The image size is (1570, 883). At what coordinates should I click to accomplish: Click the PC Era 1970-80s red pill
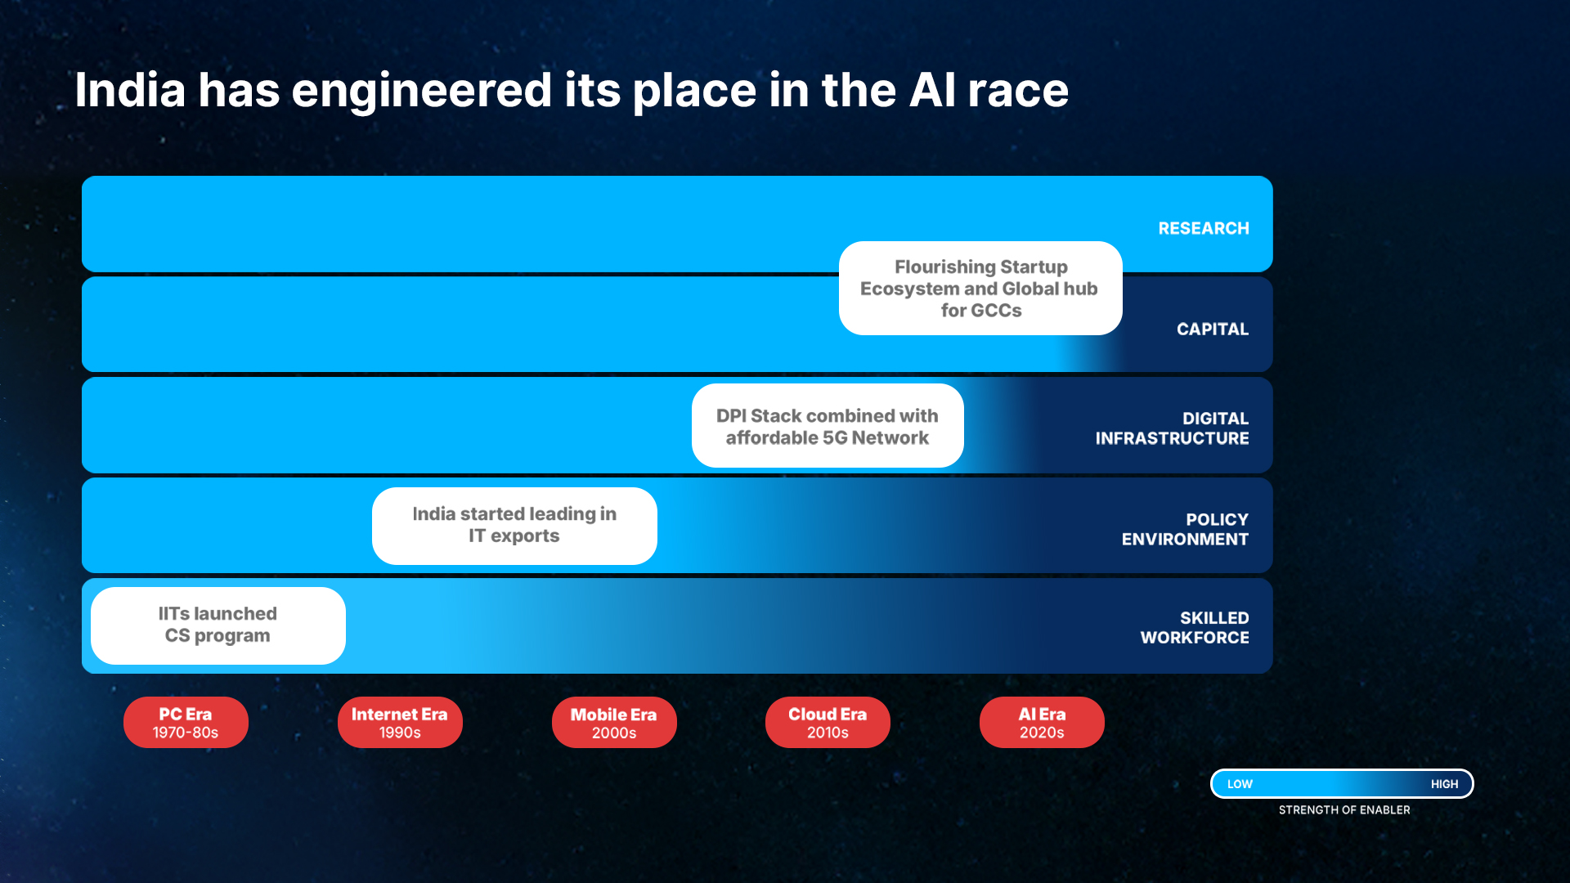(x=186, y=722)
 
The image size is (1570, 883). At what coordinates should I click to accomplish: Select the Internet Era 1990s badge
(x=400, y=722)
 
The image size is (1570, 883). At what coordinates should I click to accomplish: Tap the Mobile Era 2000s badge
(x=614, y=722)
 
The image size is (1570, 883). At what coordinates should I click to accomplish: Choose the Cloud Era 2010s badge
(x=828, y=722)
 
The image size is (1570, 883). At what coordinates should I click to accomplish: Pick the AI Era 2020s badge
(x=1042, y=722)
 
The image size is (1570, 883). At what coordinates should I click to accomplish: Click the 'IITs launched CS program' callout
(x=218, y=625)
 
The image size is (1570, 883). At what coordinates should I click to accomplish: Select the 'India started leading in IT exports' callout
(x=514, y=526)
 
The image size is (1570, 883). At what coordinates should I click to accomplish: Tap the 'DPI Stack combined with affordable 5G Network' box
(x=828, y=426)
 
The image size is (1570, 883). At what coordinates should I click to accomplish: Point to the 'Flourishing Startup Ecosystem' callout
(x=980, y=288)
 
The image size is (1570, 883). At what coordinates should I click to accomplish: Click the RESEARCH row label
(x=1204, y=228)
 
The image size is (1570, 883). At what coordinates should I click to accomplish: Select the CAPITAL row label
(x=1213, y=329)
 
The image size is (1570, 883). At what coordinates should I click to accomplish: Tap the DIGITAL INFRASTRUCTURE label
(x=1173, y=428)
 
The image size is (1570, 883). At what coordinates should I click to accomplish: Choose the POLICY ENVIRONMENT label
(x=1185, y=529)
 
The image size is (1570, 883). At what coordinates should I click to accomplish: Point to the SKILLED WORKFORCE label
(x=1195, y=628)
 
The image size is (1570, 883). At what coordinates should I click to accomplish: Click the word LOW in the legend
(x=1240, y=784)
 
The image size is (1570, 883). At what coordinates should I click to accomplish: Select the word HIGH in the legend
(x=1444, y=784)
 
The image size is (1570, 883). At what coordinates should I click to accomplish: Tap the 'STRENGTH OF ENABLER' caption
(x=1344, y=810)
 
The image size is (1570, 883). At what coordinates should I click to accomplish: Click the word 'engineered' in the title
(x=422, y=91)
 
